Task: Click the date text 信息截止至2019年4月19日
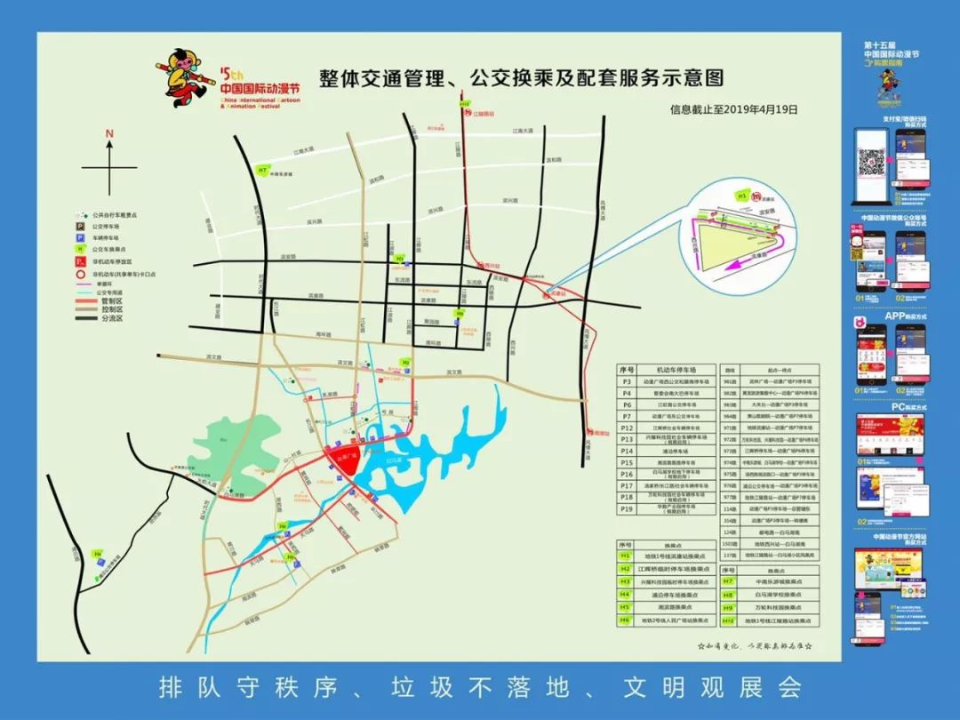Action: (x=734, y=110)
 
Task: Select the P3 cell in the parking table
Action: (x=627, y=380)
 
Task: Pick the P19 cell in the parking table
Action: (x=627, y=509)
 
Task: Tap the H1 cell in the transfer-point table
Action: (x=626, y=555)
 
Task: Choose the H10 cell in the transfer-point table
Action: (x=728, y=619)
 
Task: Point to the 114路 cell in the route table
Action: (x=731, y=509)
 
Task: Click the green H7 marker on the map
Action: (x=262, y=170)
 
